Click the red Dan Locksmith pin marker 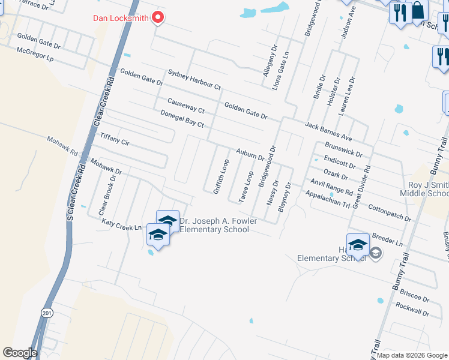(158, 17)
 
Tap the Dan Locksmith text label (121, 17)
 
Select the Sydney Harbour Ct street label (194, 79)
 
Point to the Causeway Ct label (185, 106)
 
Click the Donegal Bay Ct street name (182, 118)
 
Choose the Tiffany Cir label (115, 140)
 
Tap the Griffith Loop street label (221, 176)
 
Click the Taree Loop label (246, 187)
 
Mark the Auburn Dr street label (250, 154)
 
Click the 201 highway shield (47, 313)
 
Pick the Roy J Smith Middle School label (425, 188)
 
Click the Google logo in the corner (20, 353)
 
